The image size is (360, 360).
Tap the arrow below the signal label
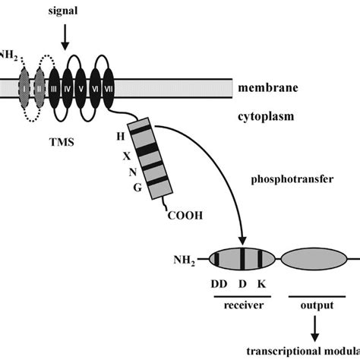click(x=65, y=35)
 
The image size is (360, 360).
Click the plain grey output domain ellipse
click(x=309, y=260)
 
